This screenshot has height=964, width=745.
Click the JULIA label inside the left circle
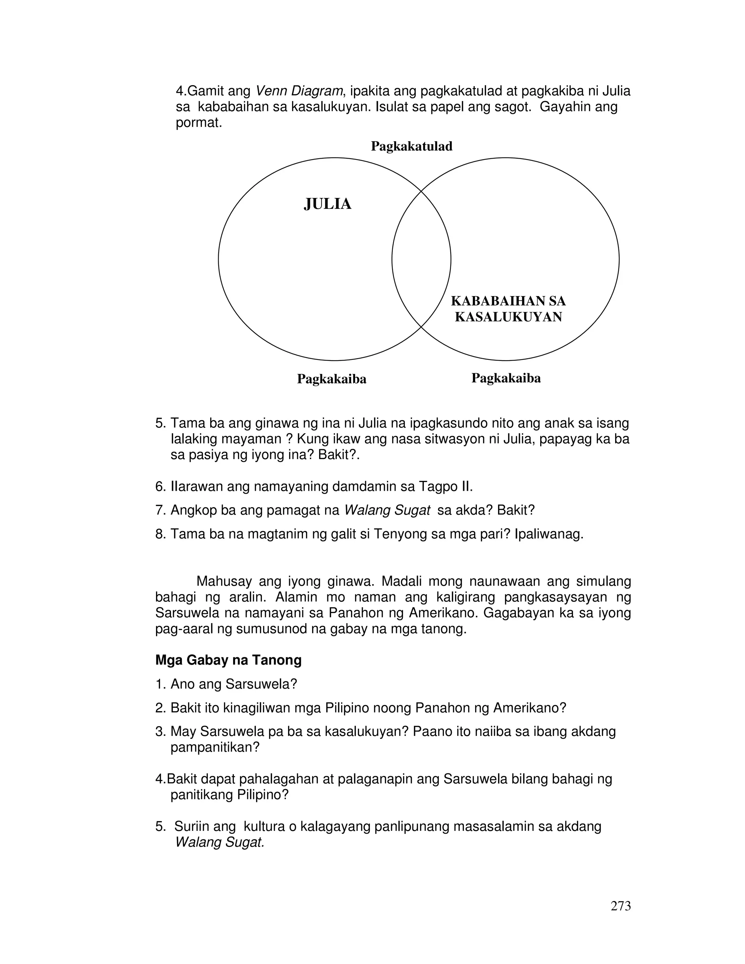point(327,204)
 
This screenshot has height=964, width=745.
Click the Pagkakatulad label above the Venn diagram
point(411,146)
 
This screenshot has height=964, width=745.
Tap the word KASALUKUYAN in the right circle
point(509,317)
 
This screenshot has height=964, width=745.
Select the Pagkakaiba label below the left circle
point(331,379)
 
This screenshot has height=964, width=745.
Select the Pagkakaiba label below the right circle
point(506,378)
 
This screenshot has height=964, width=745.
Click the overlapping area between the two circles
point(421,259)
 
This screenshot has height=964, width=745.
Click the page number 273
point(621,906)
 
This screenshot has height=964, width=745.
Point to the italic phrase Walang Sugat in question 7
point(387,510)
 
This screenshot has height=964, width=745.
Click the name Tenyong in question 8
point(399,534)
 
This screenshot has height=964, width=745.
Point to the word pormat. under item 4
point(199,123)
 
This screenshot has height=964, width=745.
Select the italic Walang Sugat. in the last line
point(220,842)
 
